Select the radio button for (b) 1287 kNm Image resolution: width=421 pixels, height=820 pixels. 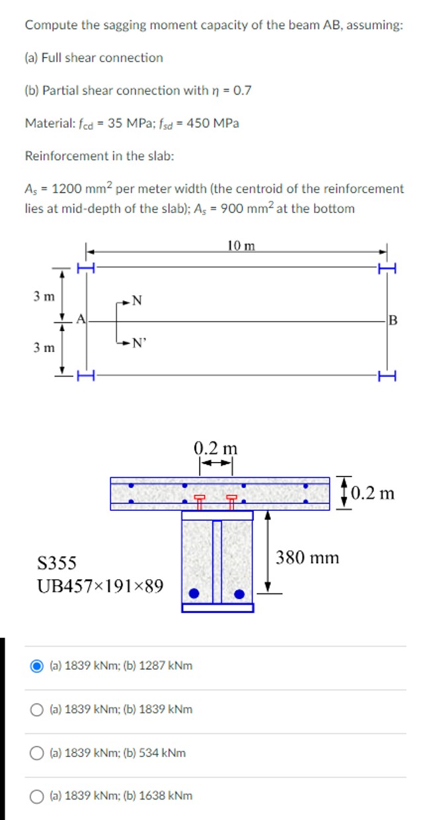pos(38,665)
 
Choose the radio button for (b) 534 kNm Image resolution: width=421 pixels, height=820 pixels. pos(38,752)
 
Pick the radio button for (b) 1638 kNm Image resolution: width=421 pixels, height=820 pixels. pos(38,796)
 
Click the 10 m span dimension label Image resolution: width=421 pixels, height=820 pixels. pos(240,246)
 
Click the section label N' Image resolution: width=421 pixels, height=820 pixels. pos(138,343)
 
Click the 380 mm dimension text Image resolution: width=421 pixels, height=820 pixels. pos(307,557)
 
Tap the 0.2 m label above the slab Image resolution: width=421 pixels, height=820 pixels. pos(215,447)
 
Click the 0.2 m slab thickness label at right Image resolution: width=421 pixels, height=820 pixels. pos(373,493)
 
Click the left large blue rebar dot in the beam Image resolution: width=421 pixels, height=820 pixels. pos(194,592)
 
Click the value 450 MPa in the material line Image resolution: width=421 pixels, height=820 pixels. pos(213,123)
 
